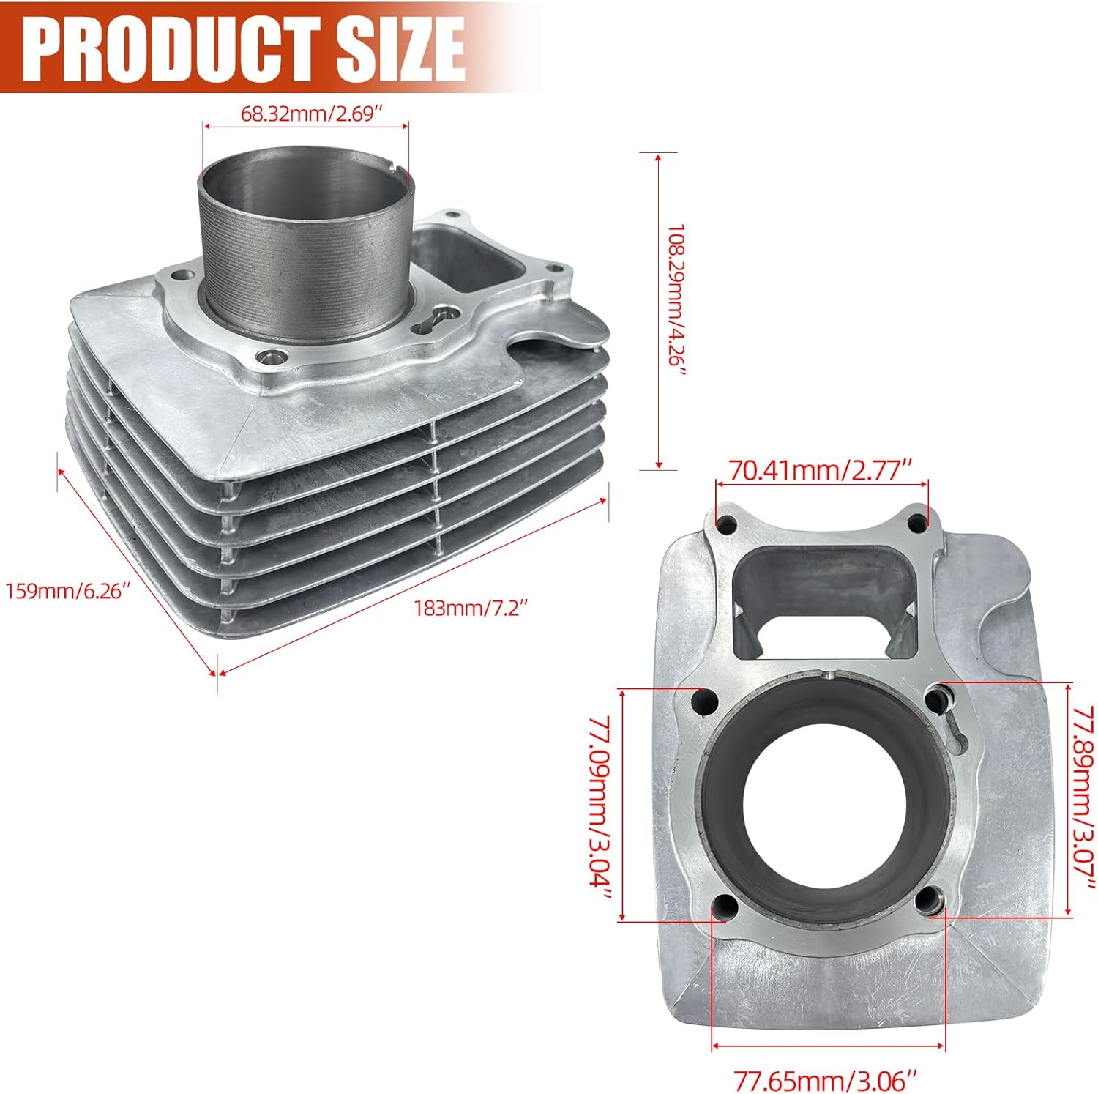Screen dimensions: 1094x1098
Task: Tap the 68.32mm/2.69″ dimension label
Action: point(313,114)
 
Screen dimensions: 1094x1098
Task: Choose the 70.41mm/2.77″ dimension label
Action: point(821,469)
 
